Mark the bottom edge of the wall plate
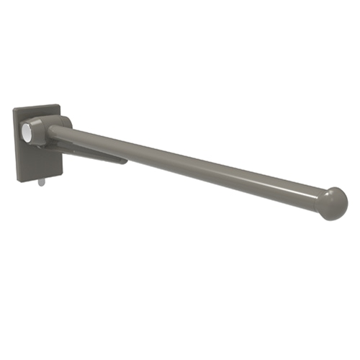click(40, 177)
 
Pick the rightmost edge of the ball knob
click(348, 204)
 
